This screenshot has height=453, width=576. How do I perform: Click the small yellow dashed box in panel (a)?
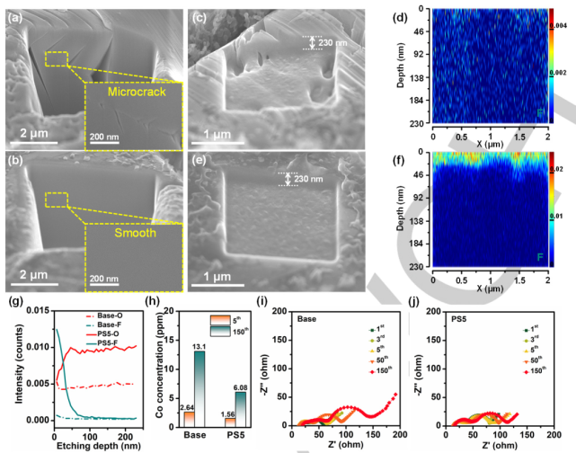click(x=55, y=59)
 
